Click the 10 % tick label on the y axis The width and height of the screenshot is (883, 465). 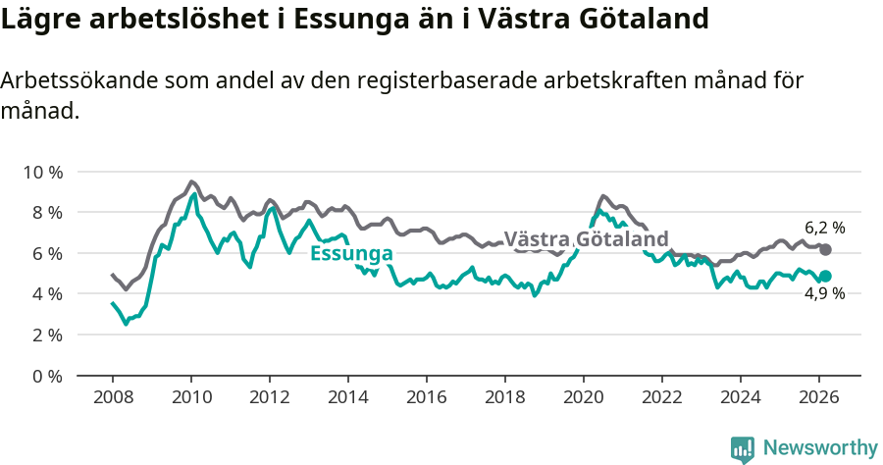pos(41,172)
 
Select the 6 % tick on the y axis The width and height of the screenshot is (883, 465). pos(45,253)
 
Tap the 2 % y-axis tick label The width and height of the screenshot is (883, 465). pos(45,335)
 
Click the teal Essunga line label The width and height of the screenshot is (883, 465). pos(351,254)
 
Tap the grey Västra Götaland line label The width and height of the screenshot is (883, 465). pos(586,238)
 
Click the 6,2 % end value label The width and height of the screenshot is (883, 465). pos(824,228)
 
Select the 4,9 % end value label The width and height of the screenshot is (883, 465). pos(824,293)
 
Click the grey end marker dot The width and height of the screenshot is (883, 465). pos(825,250)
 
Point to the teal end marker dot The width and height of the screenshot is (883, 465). pos(825,277)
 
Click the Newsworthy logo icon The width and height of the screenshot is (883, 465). pos(743,448)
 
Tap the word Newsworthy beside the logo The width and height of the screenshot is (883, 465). pos(820,448)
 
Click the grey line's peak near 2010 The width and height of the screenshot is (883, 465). pos(191,181)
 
